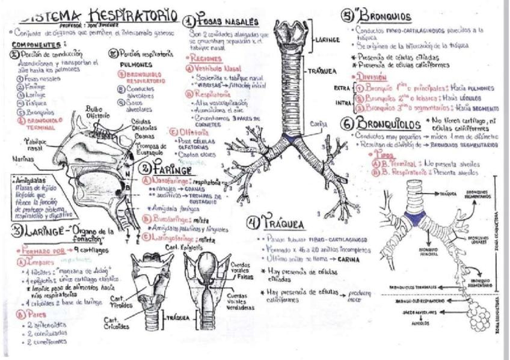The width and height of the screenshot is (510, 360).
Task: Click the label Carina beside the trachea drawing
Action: pos(319,124)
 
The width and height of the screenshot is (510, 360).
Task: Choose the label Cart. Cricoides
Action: pos(118,324)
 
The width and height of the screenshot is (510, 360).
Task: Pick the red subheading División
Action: pos(371,77)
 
